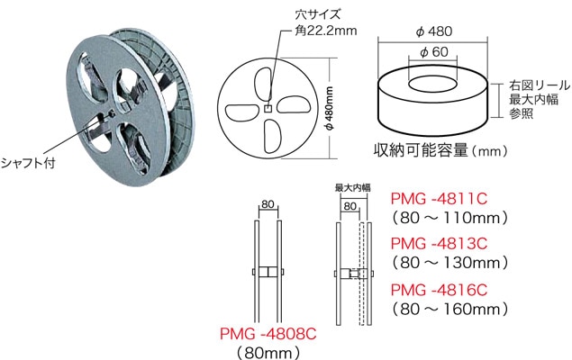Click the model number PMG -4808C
coord(269,332)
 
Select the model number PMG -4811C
coord(440,198)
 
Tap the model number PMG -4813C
coord(440,244)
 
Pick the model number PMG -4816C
coord(440,290)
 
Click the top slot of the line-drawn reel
coord(268,80)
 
